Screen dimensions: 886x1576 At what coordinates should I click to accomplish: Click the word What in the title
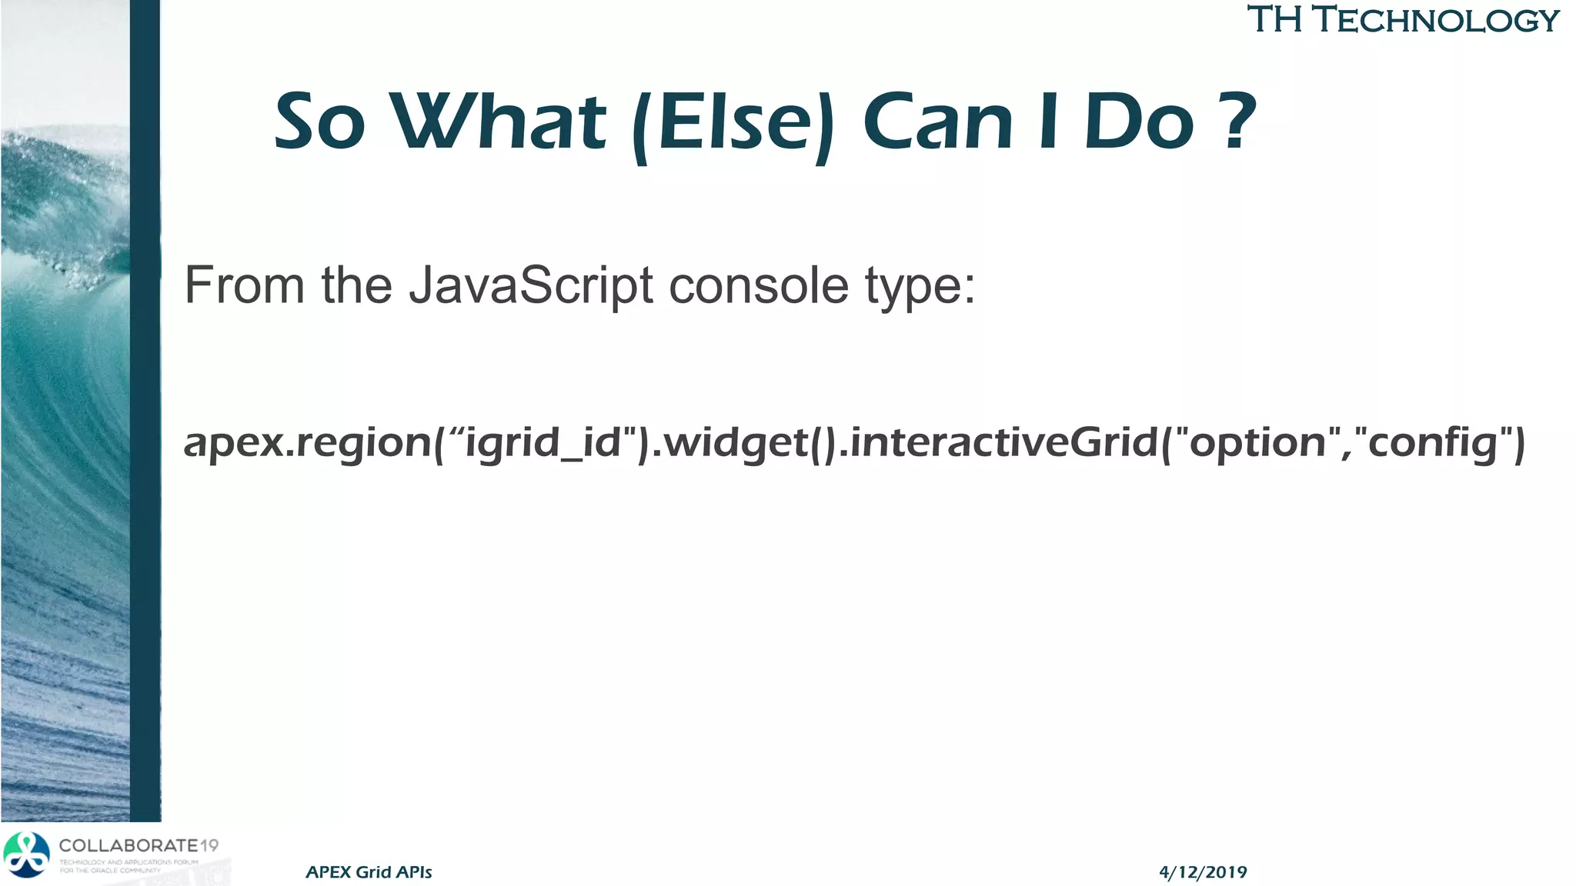click(500, 122)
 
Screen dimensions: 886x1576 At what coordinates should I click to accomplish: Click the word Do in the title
click(1139, 122)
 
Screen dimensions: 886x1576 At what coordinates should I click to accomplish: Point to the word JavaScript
click(530, 286)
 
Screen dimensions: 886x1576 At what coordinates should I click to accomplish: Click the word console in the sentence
click(758, 286)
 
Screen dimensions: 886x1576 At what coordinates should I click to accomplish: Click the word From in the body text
click(245, 286)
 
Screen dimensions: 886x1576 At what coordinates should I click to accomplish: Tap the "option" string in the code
click(1257, 443)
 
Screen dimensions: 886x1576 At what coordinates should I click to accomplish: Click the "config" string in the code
click(1432, 443)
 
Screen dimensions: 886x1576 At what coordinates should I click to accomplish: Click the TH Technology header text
click(1402, 20)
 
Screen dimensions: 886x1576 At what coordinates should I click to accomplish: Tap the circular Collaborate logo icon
click(26, 854)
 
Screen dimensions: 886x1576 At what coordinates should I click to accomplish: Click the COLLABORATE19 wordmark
click(139, 845)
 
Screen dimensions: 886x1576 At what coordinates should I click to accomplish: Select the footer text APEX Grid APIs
click(369, 872)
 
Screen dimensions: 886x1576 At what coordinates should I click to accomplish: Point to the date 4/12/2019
click(1203, 872)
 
